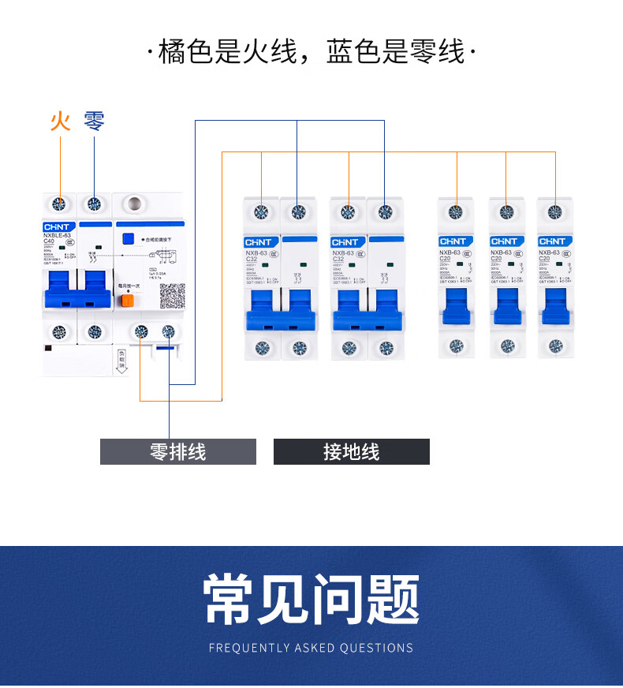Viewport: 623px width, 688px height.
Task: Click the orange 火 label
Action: click(x=60, y=121)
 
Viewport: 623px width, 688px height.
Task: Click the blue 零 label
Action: click(x=95, y=121)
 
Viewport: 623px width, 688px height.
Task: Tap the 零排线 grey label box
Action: click(x=178, y=452)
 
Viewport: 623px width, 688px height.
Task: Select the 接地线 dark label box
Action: click(x=352, y=452)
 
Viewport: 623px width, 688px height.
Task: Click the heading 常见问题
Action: click(x=311, y=600)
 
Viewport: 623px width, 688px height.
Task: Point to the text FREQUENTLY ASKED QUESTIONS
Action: click(x=311, y=648)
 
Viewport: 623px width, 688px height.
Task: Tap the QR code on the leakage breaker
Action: click(x=172, y=295)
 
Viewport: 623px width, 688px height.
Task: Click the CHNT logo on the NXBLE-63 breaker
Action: click(x=58, y=226)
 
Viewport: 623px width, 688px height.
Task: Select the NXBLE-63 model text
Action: click(x=58, y=235)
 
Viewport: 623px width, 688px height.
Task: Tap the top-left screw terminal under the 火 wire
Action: click(x=58, y=204)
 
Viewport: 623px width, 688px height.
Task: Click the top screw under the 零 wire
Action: click(x=95, y=204)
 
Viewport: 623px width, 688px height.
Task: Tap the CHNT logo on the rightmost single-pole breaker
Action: click(x=554, y=241)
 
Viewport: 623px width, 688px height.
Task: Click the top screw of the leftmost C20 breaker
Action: click(x=456, y=211)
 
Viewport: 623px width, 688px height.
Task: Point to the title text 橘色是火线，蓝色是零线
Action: click(x=311, y=52)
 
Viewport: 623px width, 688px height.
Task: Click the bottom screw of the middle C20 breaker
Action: click(x=505, y=345)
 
